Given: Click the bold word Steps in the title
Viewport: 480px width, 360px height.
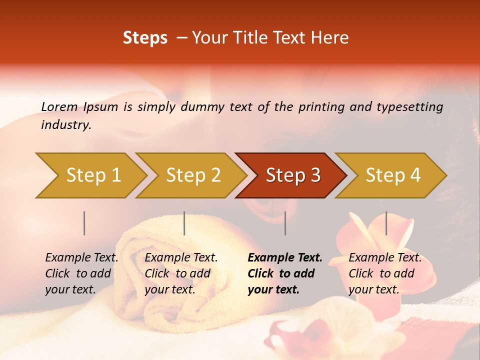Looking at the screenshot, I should tap(145, 38).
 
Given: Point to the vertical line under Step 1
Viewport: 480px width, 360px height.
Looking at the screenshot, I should tap(84, 223).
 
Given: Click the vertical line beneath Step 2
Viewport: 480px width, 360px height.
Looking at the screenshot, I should tap(184, 223).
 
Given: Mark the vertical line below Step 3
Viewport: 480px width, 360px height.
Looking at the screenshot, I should tap(285, 223).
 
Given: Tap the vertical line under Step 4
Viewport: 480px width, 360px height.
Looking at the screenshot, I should tap(386, 223).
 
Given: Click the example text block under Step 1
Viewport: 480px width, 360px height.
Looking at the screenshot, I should tap(81, 273).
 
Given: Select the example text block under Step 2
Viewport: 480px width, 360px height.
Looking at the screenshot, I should tap(181, 273).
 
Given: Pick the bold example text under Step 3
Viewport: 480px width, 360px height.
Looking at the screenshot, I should tap(284, 273).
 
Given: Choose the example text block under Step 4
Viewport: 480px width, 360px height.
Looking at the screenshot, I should tap(385, 273).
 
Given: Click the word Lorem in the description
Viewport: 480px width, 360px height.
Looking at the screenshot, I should tap(59, 107).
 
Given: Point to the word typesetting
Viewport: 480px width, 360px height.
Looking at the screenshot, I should tap(411, 107).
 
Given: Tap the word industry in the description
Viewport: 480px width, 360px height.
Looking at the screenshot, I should tap(65, 125).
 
